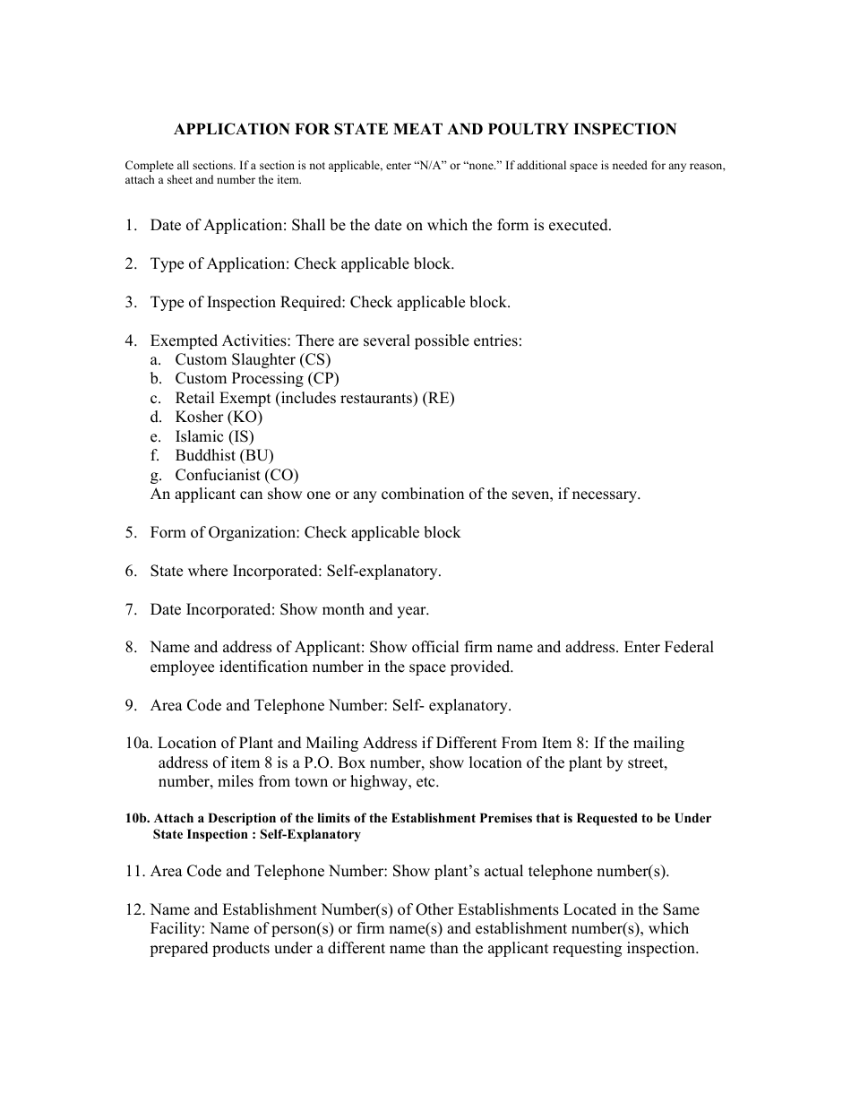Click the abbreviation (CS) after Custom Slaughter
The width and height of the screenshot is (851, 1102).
(x=315, y=359)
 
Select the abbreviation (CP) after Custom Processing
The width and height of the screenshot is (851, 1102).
(x=323, y=379)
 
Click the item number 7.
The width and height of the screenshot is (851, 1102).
(x=131, y=610)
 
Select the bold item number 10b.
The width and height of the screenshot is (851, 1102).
(x=137, y=819)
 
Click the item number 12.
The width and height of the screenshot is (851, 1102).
(x=134, y=910)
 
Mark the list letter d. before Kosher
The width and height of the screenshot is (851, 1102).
(x=156, y=418)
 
